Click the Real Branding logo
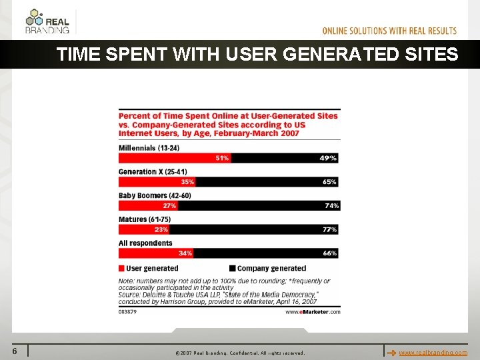point(48,21)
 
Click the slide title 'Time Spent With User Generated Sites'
point(257,55)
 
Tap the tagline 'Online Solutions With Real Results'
point(389,31)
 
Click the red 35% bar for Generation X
point(157,182)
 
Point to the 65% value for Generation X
point(329,182)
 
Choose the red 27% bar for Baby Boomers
point(147,206)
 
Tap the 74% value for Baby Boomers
point(331,206)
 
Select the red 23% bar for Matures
point(143,229)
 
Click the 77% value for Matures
point(329,229)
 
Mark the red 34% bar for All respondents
point(156,253)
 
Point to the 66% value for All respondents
point(329,253)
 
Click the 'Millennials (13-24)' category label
point(149,147)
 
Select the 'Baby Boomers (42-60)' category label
point(155,195)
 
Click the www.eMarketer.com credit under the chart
point(313,311)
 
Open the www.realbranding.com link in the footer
point(433,352)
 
